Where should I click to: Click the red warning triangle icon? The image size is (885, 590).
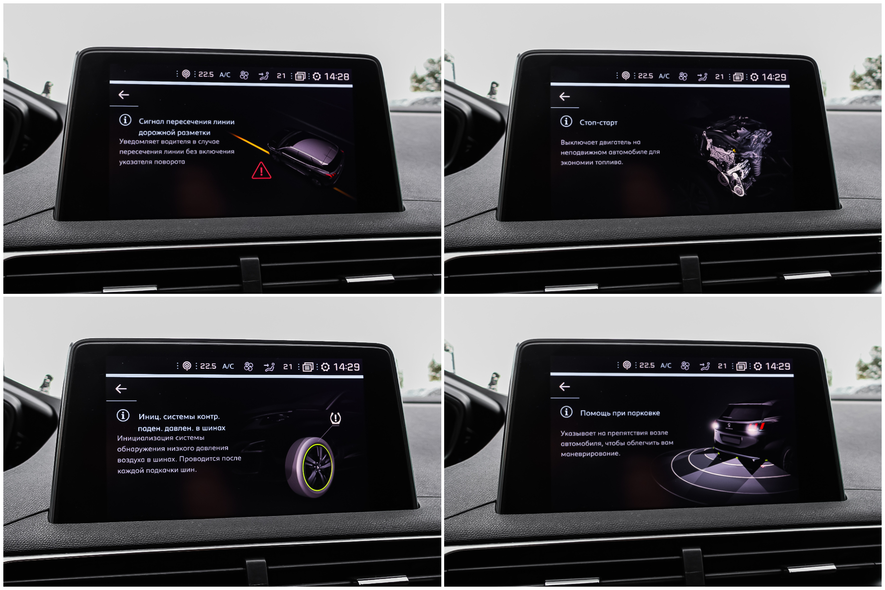[261, 170]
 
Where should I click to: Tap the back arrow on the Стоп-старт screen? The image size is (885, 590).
[564, 97]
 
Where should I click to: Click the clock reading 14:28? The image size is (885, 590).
[337, 76]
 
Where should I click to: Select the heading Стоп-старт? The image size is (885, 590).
[598, 123]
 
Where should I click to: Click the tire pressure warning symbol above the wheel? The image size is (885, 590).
[335, 419]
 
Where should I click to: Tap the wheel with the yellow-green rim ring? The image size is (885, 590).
[311, 467]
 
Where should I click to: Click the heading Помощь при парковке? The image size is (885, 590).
[620, 413]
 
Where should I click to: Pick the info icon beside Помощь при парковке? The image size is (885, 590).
[566, 412]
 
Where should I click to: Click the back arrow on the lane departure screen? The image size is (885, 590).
[124, 95]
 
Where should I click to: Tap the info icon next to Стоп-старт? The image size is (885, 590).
[566, 122]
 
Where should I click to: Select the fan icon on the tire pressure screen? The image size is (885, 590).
[249, 366]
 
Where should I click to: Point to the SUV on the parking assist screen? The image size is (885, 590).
[747, 427]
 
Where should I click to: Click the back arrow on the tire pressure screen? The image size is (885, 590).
[121, 389]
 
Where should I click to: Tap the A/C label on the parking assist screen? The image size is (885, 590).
[666, 366]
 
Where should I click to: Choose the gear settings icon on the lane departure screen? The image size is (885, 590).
[317, 76]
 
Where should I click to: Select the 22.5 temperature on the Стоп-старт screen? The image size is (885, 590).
[646, 76]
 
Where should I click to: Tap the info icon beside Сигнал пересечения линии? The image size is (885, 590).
[125, 120]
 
